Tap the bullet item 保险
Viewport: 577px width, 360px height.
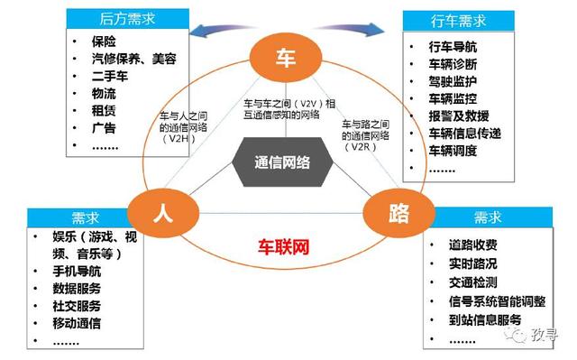[105, 42]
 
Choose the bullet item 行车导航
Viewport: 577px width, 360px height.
[453, 46]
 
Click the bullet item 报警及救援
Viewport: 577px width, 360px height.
[459, 116]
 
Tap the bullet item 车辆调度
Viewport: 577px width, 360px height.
[453, 151]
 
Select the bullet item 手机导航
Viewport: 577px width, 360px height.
[77, 271]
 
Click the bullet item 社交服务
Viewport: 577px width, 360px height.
[77, 306]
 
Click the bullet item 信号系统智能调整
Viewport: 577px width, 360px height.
[497, 301]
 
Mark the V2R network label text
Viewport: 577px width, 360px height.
[369, 134]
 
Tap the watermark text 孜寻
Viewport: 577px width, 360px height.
[545, 337]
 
